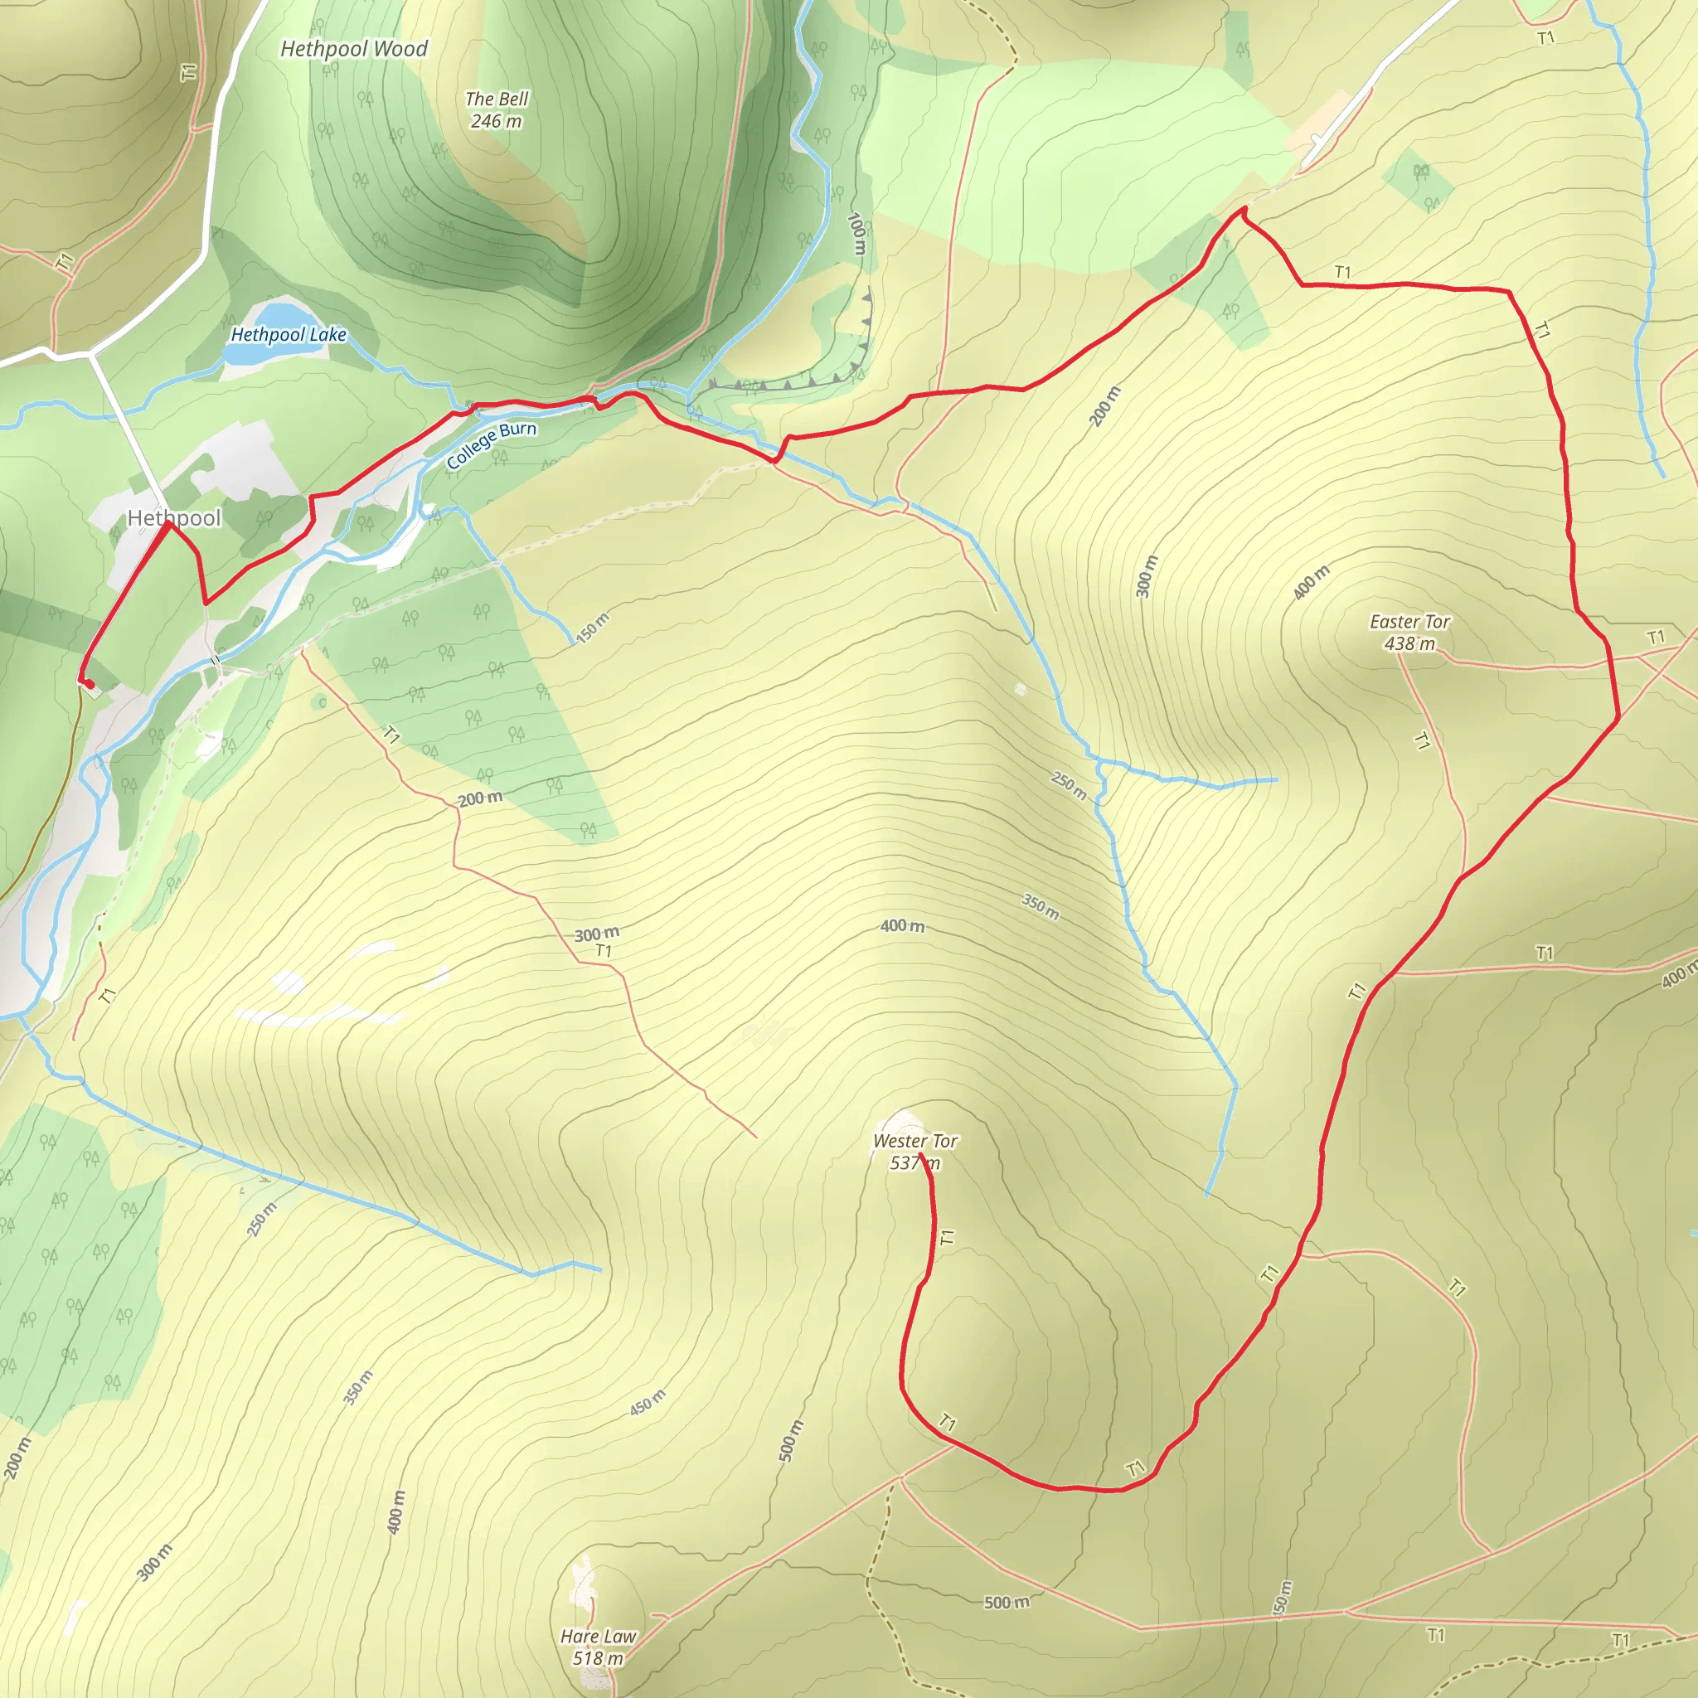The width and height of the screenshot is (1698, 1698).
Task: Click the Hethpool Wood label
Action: coord(353,49)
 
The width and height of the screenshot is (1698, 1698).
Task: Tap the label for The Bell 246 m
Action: coord(497,110)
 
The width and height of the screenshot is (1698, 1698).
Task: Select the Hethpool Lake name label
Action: coord(289,335)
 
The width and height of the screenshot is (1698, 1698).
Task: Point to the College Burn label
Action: coord(492,444)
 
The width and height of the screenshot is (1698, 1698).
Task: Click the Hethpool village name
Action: coord(174,517)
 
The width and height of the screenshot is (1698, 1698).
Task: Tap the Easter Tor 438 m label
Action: coord(1409,632)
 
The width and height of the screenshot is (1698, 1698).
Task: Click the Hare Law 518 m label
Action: coord(598,1647)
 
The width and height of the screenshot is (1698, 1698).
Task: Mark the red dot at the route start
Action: coord(89,684)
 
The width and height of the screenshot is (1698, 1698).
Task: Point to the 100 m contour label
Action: coord(857,234)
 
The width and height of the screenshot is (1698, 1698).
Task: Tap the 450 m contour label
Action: coord(648,1403)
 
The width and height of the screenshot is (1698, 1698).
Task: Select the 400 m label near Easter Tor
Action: coord(1312,583)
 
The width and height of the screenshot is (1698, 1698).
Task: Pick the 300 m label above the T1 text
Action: coord(597,934)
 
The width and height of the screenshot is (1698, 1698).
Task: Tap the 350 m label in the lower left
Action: coord(357,1388)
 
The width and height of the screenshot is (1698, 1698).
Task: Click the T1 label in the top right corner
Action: coord(1546,38)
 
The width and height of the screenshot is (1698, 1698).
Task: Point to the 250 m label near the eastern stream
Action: coord(1069,785)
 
